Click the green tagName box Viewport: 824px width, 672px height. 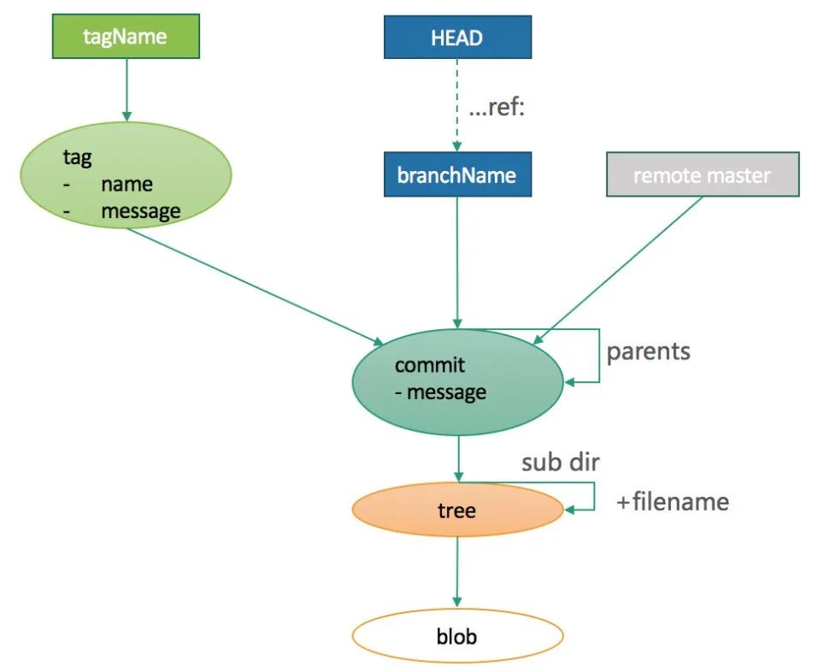(126, 36)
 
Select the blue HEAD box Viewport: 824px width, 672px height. (457, 38)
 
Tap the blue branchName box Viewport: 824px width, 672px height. (457, 175)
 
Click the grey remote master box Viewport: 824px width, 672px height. (703, 175)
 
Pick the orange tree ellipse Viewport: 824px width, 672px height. (457, 510)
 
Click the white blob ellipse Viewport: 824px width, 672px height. (457, 637)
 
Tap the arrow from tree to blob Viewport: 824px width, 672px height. (457, 573)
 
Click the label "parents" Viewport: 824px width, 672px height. (648, 352)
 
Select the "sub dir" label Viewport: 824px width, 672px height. (561, 463)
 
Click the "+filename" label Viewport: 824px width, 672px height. (673, 502)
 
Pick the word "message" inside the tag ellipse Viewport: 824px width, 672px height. (141, 210)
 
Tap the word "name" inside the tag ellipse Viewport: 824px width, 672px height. (127, 184)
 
